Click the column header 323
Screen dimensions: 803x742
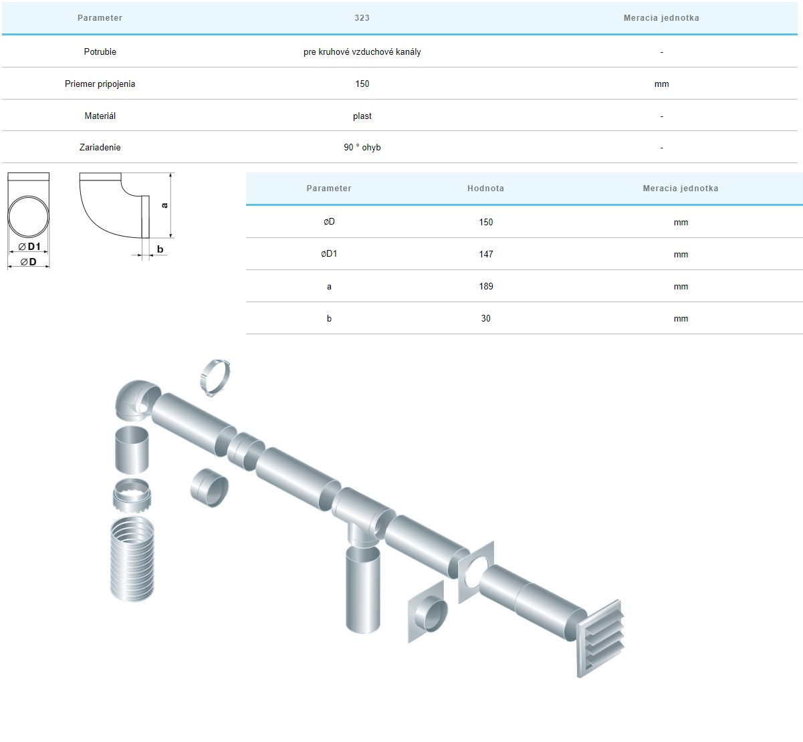[362, 18]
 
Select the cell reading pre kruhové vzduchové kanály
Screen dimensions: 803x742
[362, 51]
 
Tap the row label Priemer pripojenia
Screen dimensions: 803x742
[100, 84]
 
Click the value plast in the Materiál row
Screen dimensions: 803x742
[362, 116]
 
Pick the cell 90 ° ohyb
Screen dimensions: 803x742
[362, 147]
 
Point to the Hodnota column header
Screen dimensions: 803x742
[485, 189]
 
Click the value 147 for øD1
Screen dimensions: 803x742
[485, 254]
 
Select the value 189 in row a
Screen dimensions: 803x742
[485, 286]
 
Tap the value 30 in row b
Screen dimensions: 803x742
[485, 319]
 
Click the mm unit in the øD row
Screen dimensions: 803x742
[681, 223]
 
